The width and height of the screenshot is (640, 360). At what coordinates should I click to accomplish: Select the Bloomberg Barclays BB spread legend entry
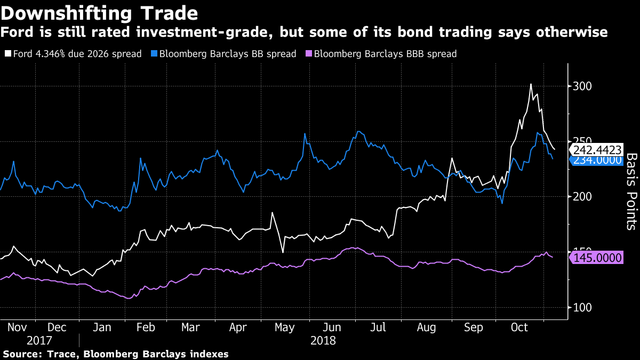coord(224,54)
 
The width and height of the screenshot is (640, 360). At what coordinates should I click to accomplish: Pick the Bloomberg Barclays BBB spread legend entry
coord(381,54)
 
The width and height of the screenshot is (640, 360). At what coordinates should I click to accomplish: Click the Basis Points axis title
coord(631,191)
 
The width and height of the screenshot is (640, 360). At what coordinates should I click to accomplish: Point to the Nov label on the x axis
coord(18,327)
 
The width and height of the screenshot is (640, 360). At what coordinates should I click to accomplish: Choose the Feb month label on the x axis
coord(145,327)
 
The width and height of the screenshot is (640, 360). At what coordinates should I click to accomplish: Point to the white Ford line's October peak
coord(531,84)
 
